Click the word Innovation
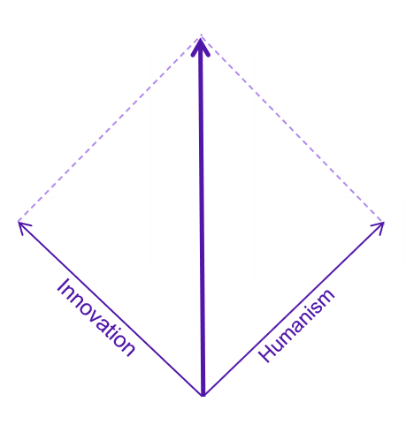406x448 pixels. [96, 317]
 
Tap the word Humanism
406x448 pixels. [296, 325]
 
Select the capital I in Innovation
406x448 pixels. [63, 285]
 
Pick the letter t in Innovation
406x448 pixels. [111, 330]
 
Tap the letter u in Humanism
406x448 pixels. [279, 342]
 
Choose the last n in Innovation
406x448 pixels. [129, 350]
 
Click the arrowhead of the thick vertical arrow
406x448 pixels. [201, 47]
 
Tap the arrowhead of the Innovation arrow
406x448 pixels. [24, 227]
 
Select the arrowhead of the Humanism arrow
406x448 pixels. [379, 228]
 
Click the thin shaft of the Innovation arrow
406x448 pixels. [111, 308]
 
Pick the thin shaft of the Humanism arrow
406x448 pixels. [294, 309]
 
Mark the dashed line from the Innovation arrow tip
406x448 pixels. [110, 128]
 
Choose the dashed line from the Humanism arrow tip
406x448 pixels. [292, 128]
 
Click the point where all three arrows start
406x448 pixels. [203, 396]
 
